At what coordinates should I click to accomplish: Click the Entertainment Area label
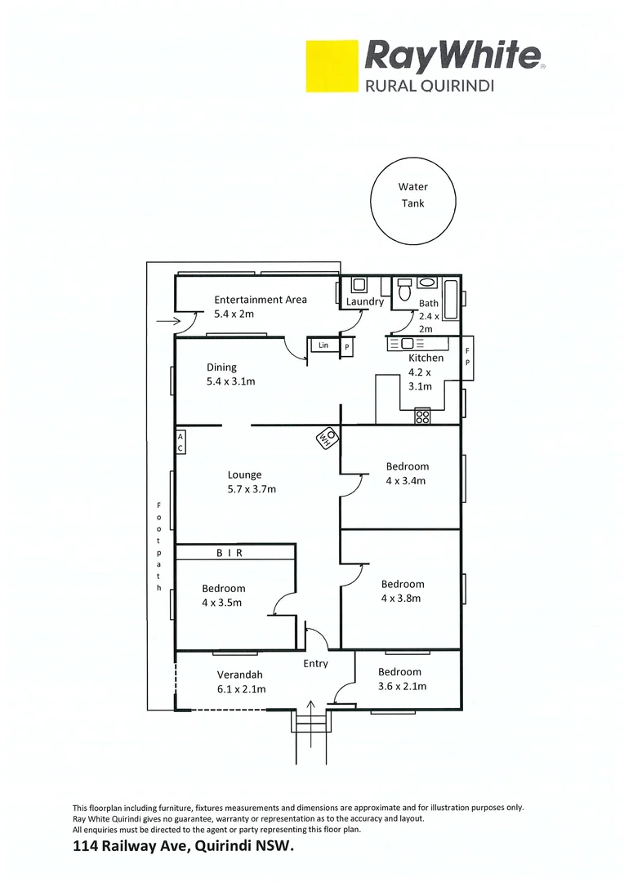[261, 300]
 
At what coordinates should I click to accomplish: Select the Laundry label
[364, 301]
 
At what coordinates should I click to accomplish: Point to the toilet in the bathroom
[403, 291]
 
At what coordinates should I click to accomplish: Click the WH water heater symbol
[327, 439]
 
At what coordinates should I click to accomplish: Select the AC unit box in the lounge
[181, 443]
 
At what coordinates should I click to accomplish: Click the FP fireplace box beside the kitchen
[467, 357]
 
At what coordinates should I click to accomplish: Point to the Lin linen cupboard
[323, 346]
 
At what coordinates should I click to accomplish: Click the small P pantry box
[346, 347]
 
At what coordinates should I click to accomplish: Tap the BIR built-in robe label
[230, 553]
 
